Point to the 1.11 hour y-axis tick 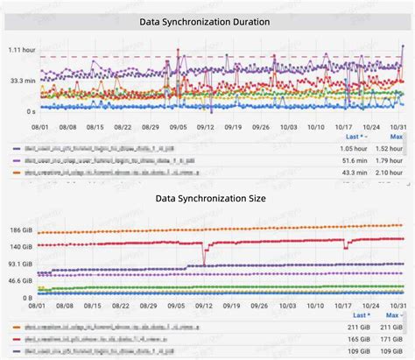[19, 50]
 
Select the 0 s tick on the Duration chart [30, 110]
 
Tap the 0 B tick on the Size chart [27, 298]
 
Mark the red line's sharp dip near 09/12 [205, 265]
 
